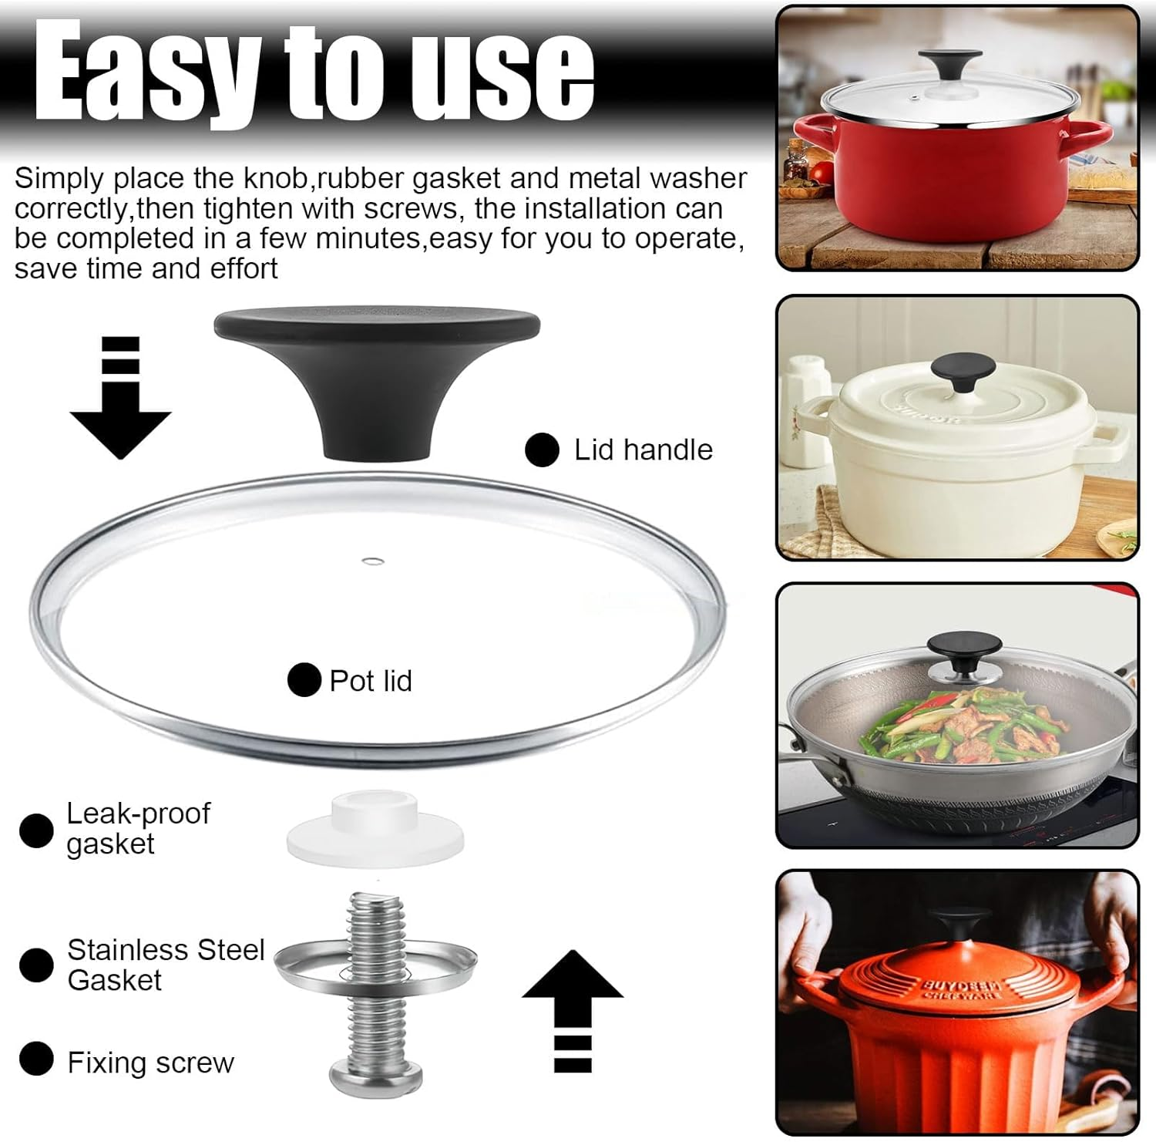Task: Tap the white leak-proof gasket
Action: coord(375,831)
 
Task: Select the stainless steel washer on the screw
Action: coord(375,965)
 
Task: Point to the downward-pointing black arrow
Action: coord(120,397)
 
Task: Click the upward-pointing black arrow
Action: coord(573,1010)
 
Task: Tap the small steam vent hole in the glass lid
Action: coord(373,560)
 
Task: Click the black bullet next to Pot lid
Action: coord(304,680)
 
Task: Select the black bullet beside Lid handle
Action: coord(542,450)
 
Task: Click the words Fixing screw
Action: coord(150,1063)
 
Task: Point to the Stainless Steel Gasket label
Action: coord(166,965)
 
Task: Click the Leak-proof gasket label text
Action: coord(138,828)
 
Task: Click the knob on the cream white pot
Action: coord(963,372)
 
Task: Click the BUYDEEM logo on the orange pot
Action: coord(960,988)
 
